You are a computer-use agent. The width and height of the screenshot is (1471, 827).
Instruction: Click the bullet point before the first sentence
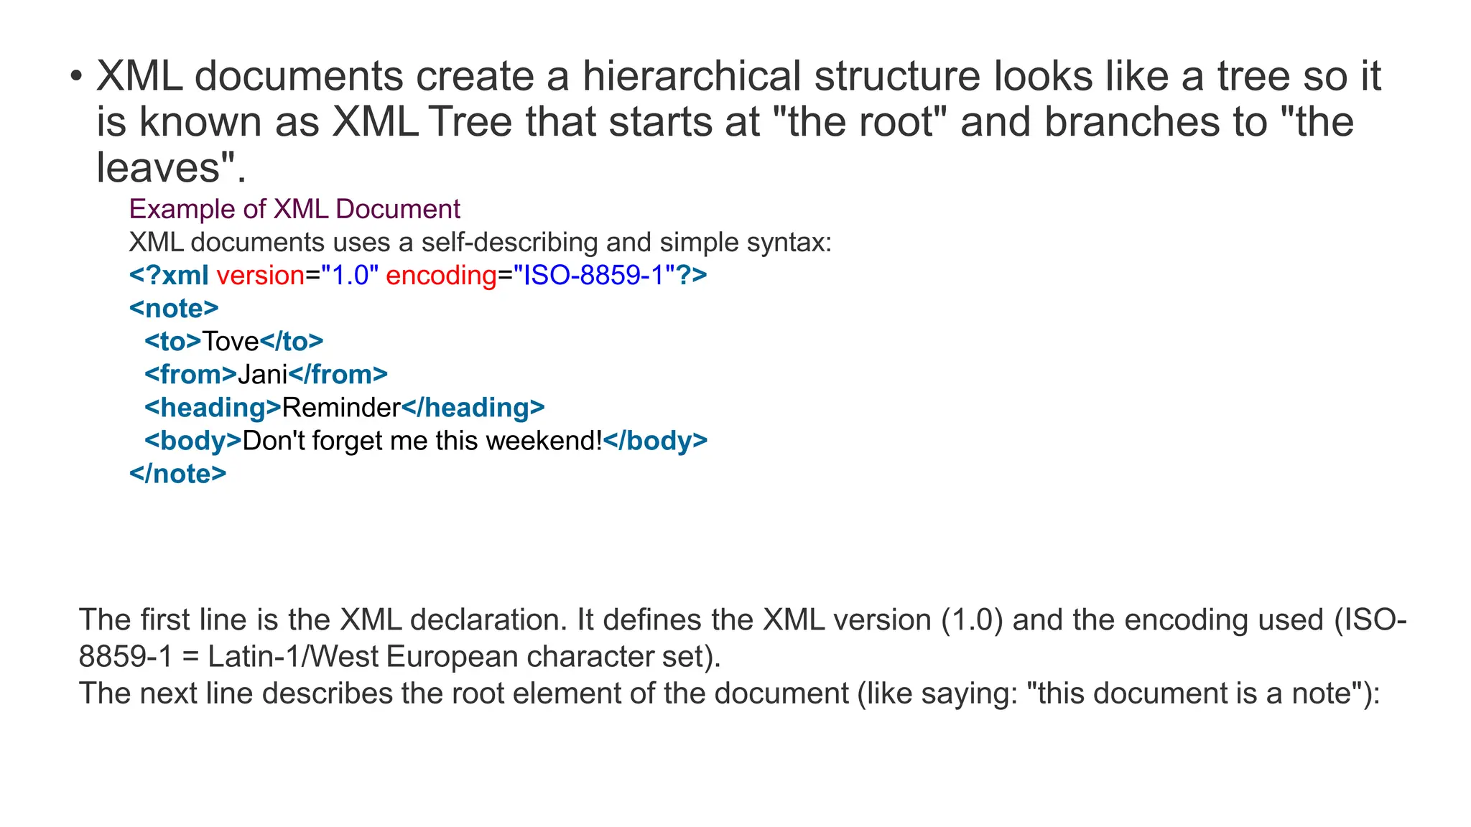77,77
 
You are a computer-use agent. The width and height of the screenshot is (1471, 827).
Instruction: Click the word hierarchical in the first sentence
691,76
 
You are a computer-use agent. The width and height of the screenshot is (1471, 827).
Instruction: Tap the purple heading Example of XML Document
294,209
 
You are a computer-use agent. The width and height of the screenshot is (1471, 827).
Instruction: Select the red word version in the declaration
261,276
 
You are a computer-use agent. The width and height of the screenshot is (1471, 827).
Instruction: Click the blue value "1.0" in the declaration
350,276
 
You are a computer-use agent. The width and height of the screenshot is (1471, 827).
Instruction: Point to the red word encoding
441,276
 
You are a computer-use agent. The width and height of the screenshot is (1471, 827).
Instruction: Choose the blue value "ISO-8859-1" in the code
599,276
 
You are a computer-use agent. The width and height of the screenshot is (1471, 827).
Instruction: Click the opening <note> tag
174,309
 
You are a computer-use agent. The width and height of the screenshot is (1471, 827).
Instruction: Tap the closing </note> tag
177,474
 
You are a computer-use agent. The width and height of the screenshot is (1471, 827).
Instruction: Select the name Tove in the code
230,342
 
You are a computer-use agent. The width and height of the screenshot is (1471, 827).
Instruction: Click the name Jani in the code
262,375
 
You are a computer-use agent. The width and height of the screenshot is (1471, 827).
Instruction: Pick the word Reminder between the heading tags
341,408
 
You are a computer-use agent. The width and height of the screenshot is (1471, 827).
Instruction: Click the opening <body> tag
193,441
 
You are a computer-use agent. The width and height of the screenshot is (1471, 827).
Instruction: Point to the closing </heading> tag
473,408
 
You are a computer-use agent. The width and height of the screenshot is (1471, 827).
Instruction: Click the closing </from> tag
338,375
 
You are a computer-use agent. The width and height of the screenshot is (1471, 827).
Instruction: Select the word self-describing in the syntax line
509,243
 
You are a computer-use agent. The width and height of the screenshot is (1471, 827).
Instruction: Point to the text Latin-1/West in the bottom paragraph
293,657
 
